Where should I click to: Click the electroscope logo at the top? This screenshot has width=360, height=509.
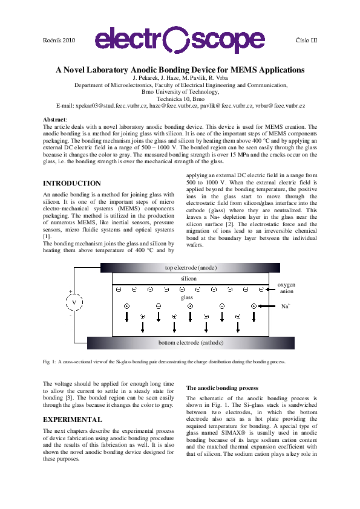pyautogui.click(x=180, y=40)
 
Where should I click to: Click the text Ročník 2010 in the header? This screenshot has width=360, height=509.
pyautogui.click(x=59, y=39)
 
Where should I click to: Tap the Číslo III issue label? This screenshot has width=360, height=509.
pyautogui.click(x=305, y=39)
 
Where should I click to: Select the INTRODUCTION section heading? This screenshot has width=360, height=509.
pyautogui.click(x=72, y=183)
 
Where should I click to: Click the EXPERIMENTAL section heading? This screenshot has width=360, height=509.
pyautogui.click(x=73, y=419)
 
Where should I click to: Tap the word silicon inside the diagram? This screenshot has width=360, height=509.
pyautogui.click(x=189, y=279)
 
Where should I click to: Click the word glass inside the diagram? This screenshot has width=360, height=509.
pyautogui.click(x=188, y=297)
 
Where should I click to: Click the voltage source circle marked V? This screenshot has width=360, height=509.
pyautogui.click(x=74, y=302)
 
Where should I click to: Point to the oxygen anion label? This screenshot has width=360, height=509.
pyautogui.click(x=286, y=288)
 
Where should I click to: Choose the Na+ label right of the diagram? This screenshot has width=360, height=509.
pyautogui.click(x=286, y=306)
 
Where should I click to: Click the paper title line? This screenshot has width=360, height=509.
pyautogui.click(x=180, y=70)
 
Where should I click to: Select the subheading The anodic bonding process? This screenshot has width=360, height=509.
pyautogui.click(x=222, y=387)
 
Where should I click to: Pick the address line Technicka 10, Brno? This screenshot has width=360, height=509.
pyautogui.click(x=180, y=99)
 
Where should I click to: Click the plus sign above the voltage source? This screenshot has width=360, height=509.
pyautogui.click(x=70, y=291)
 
